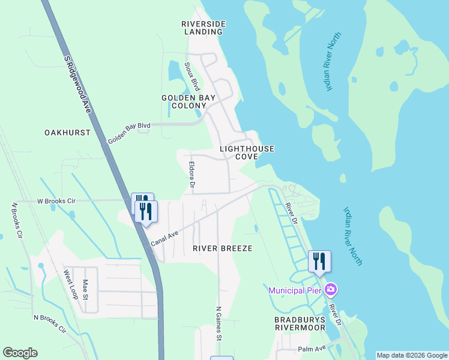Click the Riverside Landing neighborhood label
(203, 28)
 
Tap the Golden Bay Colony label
(184, 101)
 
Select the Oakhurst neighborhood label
(67, 132)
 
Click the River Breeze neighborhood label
(222, 248)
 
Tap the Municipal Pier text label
(295, 290)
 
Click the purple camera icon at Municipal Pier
(330, 290)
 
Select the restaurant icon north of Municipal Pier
(319, 261)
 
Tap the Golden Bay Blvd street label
(128, 133)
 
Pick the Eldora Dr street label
(191, 174)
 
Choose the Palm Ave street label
(311, 349)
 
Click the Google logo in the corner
(20, 353)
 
